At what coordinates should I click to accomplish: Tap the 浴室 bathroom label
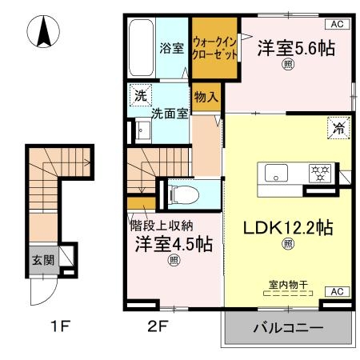[x=171, y=48]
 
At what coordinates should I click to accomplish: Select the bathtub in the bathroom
[x=143, y=47]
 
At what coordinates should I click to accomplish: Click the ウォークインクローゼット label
[x=215, y=49]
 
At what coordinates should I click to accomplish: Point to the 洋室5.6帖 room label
[x=295, y=48]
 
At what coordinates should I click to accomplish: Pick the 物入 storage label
[x=206, y=95]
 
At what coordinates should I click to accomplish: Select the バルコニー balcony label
[x=288, y=329]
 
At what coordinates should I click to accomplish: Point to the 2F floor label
[x=157, y=328]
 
